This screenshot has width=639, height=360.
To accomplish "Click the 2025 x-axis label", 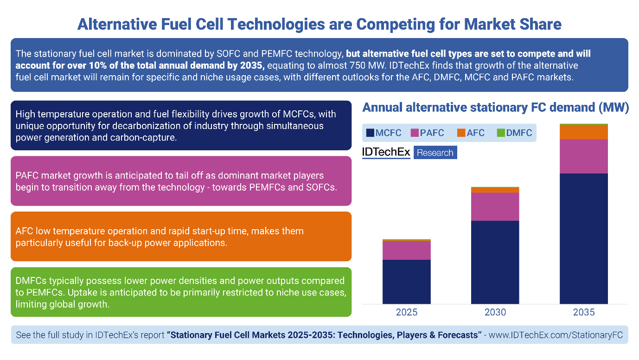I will click(406, 312).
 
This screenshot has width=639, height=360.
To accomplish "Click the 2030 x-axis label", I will click(495, 312).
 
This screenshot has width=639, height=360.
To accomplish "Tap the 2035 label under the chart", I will click(583, 312).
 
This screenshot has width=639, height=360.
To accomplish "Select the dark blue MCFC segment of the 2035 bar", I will click(583, 238).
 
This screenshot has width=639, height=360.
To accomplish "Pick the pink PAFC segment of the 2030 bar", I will click(495, 206).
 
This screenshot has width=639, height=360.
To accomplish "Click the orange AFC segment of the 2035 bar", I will click(583, 132).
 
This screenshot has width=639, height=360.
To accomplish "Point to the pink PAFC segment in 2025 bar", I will click(406, 250).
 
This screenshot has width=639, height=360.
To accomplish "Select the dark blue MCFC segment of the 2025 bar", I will click(406, 282).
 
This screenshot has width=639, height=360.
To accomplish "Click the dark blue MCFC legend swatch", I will click(370, 133).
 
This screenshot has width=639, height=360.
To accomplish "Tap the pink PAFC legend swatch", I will click(415, 133).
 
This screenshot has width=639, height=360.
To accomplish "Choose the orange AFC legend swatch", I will click(461, 133).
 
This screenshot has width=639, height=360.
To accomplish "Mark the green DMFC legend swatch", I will click(500, 133).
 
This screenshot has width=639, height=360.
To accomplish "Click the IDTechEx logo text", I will click(386, 152).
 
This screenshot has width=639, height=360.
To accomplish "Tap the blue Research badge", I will click(435, 153).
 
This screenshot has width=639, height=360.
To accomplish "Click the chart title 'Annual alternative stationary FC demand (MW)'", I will click(495, 108).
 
